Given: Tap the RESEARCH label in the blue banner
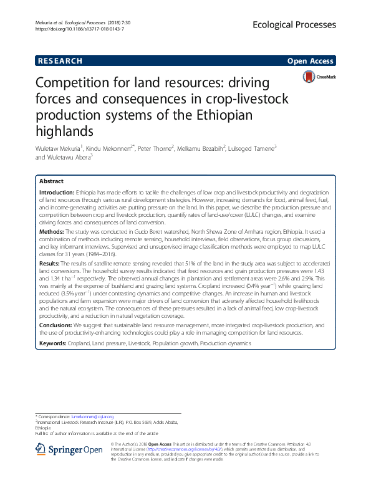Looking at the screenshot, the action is tap(60, 60).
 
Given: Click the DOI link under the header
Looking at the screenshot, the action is tap(72, 29).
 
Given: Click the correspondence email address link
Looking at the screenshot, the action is tap(91, 416).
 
